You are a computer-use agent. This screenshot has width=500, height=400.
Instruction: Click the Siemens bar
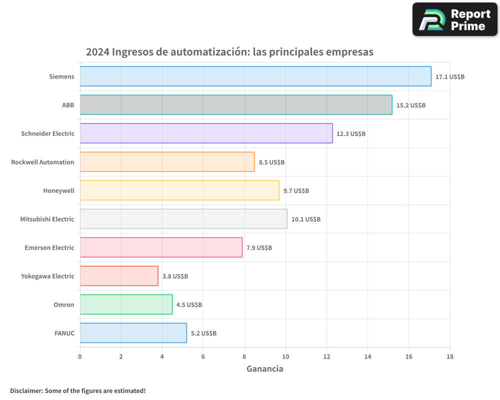click(x=255, y=76)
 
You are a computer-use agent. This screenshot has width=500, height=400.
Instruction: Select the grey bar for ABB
click(x=236, y=105)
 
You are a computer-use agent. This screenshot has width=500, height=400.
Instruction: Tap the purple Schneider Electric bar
click(x=206, y=133)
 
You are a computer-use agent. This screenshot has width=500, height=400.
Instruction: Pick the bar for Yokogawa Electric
click(x=119, y=276)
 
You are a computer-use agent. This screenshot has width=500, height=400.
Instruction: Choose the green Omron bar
click(x=126, y=304)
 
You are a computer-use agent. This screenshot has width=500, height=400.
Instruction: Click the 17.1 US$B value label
click(x=450, y=77)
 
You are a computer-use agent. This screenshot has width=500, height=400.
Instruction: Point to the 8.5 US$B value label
click(x=271, y=162)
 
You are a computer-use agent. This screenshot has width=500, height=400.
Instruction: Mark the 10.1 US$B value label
click(x=306, y=219)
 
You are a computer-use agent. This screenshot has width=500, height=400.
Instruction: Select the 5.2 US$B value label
click(x=203, y=333)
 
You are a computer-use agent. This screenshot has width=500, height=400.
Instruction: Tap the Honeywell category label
click(x=58, y=190)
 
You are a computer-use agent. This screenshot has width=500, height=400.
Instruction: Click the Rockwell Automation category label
click(x=42, y=162)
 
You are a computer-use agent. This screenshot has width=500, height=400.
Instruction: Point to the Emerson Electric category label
click(x=49, y=247)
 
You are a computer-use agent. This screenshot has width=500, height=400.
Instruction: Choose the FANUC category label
click(x=64, y=333)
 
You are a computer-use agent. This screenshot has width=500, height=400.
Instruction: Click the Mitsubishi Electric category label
click(x=47, y=219)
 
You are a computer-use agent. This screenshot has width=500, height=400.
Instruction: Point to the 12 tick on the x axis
click(x=326, y=356)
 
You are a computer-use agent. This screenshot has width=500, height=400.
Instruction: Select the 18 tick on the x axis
click(x=449, y=356)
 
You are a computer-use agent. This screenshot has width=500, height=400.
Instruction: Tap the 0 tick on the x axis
click(x=80, y=356)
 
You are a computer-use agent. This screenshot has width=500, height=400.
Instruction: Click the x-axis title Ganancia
click(x=264, y=369)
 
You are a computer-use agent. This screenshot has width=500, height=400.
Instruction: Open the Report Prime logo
click(x=454, y=19)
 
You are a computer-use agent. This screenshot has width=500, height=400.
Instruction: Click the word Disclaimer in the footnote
click(x=26, y=390)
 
